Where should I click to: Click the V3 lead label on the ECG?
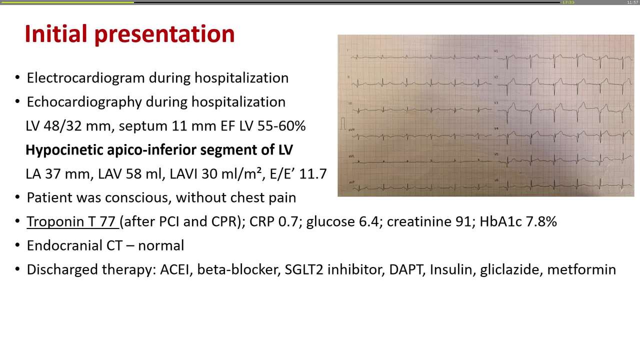(496, 102)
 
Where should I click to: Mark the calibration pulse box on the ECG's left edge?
(343, 123)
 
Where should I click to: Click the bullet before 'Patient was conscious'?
(17, 197)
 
